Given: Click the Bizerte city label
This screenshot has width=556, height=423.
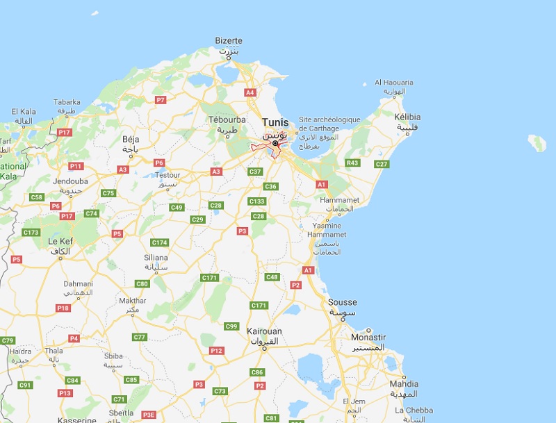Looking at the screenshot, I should [229, 41].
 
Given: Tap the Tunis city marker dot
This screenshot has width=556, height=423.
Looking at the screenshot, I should [275, 143].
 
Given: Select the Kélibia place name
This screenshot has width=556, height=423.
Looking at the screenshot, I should [408, 117].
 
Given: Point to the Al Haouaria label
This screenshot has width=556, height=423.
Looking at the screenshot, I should [394, 82].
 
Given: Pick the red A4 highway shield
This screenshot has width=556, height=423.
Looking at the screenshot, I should [250, 92].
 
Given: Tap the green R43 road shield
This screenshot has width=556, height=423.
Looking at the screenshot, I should [352, 163].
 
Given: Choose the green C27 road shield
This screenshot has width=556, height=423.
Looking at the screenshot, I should [382, 164].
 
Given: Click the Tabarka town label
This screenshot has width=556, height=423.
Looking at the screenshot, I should [67, 102].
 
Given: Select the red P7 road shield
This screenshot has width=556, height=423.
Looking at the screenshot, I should [161, 100].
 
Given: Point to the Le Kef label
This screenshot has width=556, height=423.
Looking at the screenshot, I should [60, 241].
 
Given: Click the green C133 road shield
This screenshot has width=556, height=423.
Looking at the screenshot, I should [257, 201].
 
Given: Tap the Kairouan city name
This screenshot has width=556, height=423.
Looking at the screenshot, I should [265, 331].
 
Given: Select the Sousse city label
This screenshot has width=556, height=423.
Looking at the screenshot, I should [342, 303].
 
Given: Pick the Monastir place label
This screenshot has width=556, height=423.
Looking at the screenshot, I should [368, 337].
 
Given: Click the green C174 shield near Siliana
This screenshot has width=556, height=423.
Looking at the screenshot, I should [159, 242].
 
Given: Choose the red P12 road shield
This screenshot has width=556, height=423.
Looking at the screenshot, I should [217, 351].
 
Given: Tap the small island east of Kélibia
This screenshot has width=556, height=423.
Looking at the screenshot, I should [537, 143].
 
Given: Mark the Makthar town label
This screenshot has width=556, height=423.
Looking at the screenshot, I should [133, 301].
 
